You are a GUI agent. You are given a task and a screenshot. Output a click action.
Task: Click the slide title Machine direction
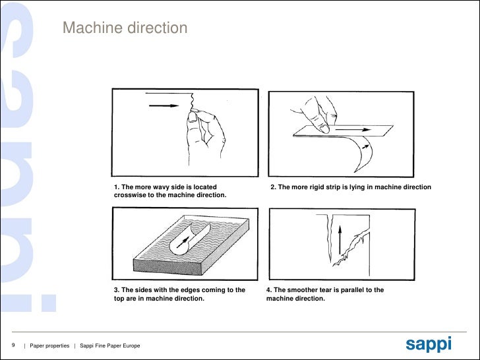point(125,28)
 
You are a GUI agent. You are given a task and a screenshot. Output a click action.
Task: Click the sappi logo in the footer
point(428,344)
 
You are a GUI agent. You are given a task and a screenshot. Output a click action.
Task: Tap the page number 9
point(13,345)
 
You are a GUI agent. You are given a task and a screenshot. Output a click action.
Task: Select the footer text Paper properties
point(49,346)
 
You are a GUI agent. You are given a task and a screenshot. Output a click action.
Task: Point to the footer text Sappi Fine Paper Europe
point(109,346)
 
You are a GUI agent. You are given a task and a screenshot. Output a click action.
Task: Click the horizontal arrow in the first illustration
point(162,105)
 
